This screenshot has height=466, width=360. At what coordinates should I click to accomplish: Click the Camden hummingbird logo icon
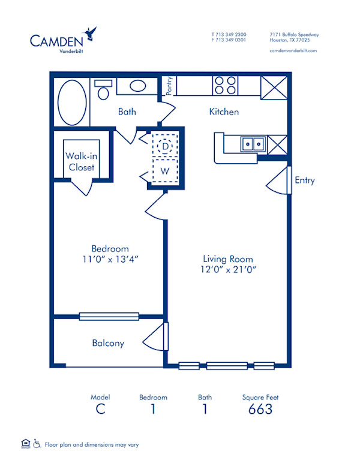coord(91,32)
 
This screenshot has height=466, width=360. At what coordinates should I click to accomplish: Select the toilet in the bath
coord(103,91)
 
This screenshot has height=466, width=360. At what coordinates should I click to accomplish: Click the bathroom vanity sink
coord(137,86)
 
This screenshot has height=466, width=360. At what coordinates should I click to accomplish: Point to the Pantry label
coord(170,85)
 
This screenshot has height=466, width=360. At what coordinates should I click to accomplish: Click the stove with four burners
coord(225,85)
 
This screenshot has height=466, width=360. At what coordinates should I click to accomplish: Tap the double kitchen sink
coord(253,144)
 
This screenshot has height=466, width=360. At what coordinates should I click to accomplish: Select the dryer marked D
coord(164,146)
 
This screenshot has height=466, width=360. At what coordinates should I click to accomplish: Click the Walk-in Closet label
coord(81,161)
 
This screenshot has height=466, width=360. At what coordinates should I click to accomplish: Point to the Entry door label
coord(304,181)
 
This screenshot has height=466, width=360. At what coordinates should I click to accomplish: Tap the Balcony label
coord(108,343)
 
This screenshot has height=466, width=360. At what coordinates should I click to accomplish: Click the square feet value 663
coord(260,409)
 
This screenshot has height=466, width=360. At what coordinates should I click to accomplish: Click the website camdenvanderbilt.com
coord(293,51)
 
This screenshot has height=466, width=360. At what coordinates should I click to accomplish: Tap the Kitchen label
coord(224,112)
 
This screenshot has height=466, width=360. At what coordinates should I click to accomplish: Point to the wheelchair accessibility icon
coord(37,444)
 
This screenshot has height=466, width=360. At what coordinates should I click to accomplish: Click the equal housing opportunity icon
coord(25,444)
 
